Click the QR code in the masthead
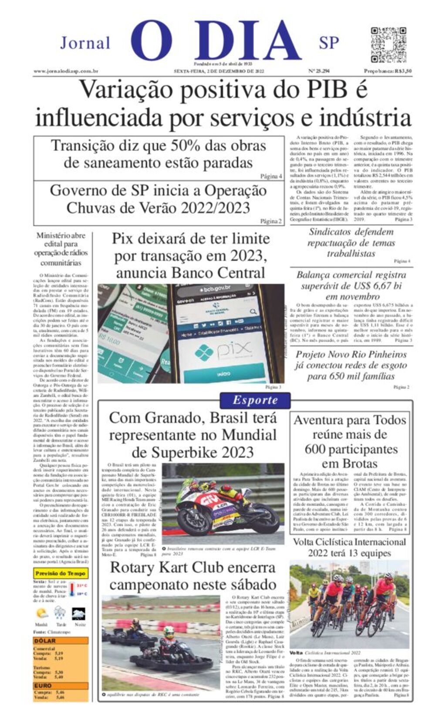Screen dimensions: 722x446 (388, 44)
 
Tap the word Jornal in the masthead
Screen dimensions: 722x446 (85, 43)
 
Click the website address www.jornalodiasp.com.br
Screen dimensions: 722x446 (66, 71)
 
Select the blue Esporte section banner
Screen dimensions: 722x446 (255, 400)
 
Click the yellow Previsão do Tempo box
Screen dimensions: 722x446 (61, 573)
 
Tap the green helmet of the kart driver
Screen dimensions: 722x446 (169, 632)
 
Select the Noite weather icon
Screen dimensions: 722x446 (79, 614)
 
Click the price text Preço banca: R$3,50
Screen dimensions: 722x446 (388, 71)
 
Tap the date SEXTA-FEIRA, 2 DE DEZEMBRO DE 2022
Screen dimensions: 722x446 (219, 71)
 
